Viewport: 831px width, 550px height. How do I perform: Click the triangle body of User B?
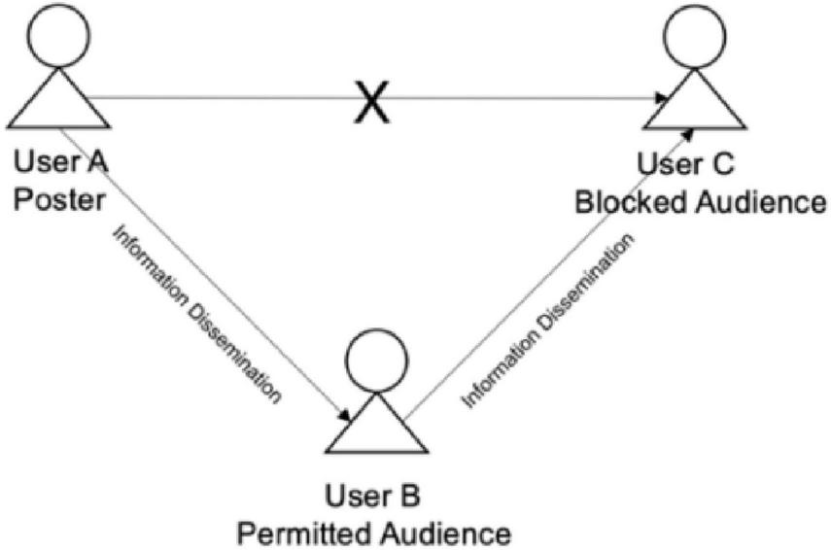point(376,428)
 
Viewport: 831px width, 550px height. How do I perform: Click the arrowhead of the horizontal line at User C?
point(662,98)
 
